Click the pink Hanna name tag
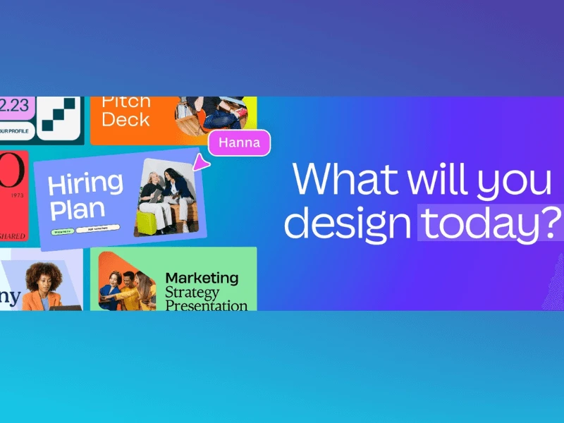tap(239, 143)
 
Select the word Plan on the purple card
tap(76, 209)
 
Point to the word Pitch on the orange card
tap(126, 101)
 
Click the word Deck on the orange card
tap(126, 119)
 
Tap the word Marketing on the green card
tap(202, 278)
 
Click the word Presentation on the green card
tap(206, 305)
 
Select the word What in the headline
tap(339, 180)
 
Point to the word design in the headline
tap(347, 223)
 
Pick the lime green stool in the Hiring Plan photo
tap(145, 223)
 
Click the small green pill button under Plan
tap(61, 231)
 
